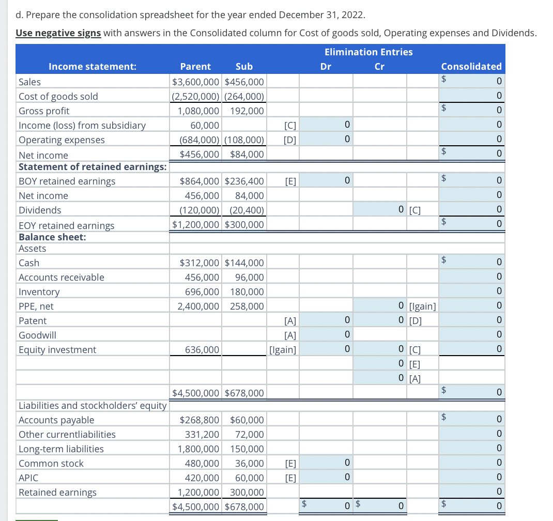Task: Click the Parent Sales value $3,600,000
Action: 196,82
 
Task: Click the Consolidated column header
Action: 471,66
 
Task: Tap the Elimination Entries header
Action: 368,52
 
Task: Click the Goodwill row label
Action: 37,335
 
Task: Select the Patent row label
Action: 33,320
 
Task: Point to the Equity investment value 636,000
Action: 202,350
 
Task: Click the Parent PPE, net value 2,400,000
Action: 198,306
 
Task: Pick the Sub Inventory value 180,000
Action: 247,292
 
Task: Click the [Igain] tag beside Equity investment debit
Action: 283,350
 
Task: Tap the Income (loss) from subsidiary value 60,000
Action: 205,125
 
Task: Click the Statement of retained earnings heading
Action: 93,166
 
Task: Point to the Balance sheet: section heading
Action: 52,237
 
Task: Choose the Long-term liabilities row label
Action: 61,449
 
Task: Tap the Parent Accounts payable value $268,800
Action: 199,420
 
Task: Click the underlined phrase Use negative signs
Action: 58,33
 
